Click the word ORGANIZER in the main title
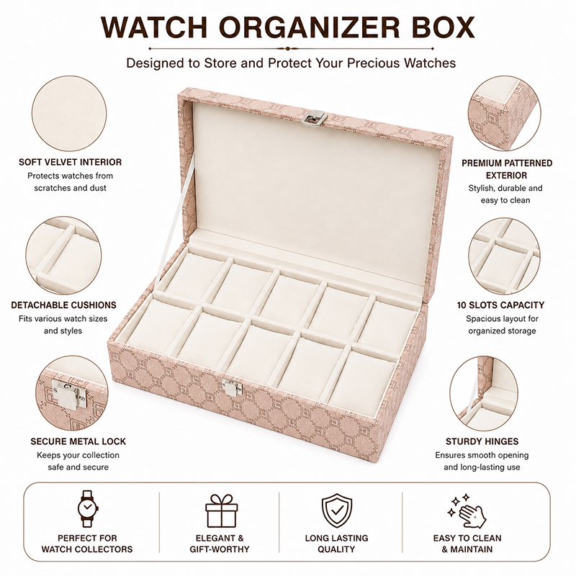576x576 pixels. tap(310, 27)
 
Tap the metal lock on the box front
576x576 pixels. tap(233, 387)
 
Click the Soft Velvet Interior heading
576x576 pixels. tap(70, 162)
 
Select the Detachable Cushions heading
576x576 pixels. tap(63, 305)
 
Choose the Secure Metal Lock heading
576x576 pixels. tap(78, 441)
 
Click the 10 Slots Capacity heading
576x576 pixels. tap(500, 305)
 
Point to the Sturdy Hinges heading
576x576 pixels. tap(482, 441)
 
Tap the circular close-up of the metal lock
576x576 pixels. tap(72, 392)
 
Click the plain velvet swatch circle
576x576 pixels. tap(69, 114)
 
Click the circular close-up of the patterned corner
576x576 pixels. tap(504, 113)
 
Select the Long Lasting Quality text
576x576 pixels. tap(336, 544)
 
